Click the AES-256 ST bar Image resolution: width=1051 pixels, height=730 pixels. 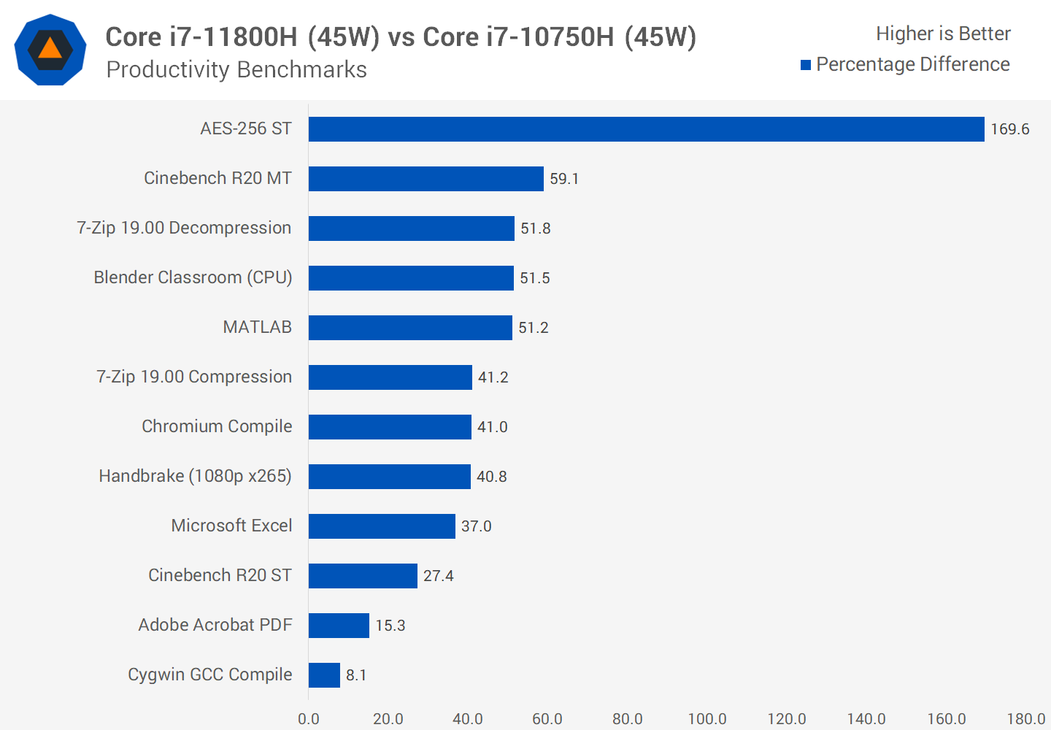[646, 129]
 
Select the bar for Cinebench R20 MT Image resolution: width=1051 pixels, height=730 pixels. [426, 179]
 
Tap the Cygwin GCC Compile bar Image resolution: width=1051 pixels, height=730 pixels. [324, 675]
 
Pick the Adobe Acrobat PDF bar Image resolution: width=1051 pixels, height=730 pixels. [339, 626]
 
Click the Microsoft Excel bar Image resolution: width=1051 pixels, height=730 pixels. [382, 526]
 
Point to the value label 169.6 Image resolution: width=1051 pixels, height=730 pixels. [1009, 129]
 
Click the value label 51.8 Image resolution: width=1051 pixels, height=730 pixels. [535, 228]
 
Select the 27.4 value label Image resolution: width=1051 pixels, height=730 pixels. [438, 576]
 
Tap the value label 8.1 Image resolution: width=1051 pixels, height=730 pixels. [356, 675]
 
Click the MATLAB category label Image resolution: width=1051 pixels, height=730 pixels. [257, 327]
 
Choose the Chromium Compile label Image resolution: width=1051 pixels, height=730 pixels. [217, 426]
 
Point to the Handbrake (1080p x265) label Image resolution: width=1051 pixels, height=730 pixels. [195, 476]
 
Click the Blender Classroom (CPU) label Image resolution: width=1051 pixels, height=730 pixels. [193, 277]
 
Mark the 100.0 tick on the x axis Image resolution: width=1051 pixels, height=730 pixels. [707, 719]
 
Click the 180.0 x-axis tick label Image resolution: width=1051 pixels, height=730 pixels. [1025, 719]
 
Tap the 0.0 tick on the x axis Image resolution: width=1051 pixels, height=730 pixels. [309, 719]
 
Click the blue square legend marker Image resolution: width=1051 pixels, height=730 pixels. [806, 65]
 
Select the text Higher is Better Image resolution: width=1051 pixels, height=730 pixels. [943, 34]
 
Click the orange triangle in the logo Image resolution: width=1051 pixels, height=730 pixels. [50, 49]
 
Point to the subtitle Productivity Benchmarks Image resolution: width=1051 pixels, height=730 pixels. [236, 69]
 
